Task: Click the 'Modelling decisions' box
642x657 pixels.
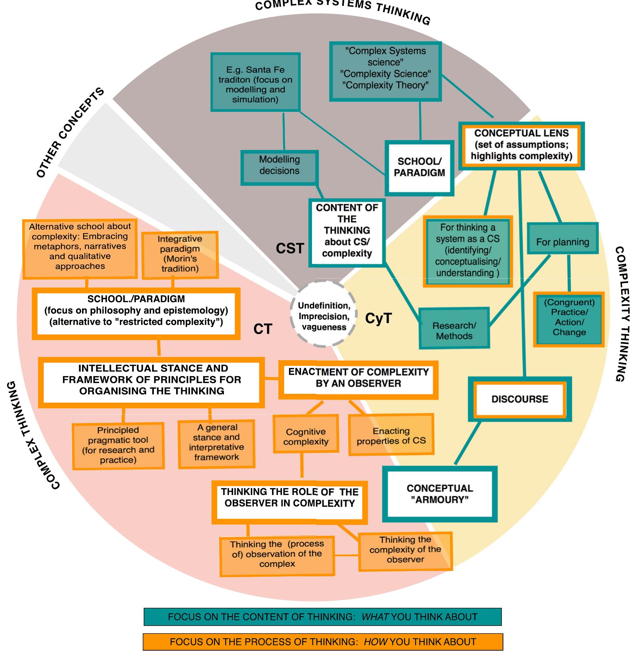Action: click(279, 167)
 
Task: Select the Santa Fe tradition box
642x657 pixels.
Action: click(255, 82)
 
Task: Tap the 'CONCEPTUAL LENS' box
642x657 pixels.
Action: click(521, 145)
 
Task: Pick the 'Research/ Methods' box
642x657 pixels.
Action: click(454, 329)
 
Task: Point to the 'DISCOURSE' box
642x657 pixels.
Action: click(520, 399)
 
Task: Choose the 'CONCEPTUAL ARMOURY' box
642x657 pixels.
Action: click(440, 494)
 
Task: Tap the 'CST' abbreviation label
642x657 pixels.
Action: click(290, 249)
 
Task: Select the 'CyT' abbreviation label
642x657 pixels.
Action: click(378, 318)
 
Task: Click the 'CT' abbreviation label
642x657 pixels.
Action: click(262, 329)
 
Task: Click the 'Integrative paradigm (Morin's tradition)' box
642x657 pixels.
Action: click(180, 254)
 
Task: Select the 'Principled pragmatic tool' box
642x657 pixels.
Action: click(118, 445)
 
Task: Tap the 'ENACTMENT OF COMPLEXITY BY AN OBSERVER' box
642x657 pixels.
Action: click(358, 379)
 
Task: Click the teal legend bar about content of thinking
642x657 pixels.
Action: click(323, 617)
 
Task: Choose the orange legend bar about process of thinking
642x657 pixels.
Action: click(323, 642)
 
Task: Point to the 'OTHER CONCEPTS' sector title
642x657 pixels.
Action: click(70, 133)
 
